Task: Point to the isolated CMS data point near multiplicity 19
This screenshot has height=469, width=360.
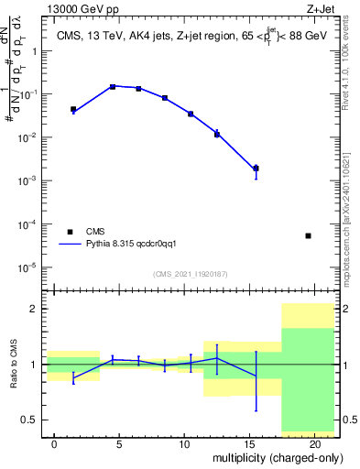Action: coord(308,235)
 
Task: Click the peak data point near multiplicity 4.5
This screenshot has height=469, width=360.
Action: coord(113,86)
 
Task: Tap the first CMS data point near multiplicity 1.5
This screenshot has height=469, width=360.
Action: coord(73,109)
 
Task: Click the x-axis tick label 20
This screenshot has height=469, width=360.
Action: coord(315,444)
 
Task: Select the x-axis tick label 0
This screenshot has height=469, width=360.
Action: coord(55,444)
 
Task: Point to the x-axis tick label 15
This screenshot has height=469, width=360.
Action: coord(250,444)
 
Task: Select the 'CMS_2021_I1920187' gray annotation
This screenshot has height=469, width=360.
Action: coord(190,274)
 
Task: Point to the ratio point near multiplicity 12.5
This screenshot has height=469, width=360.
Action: coord(217,358)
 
